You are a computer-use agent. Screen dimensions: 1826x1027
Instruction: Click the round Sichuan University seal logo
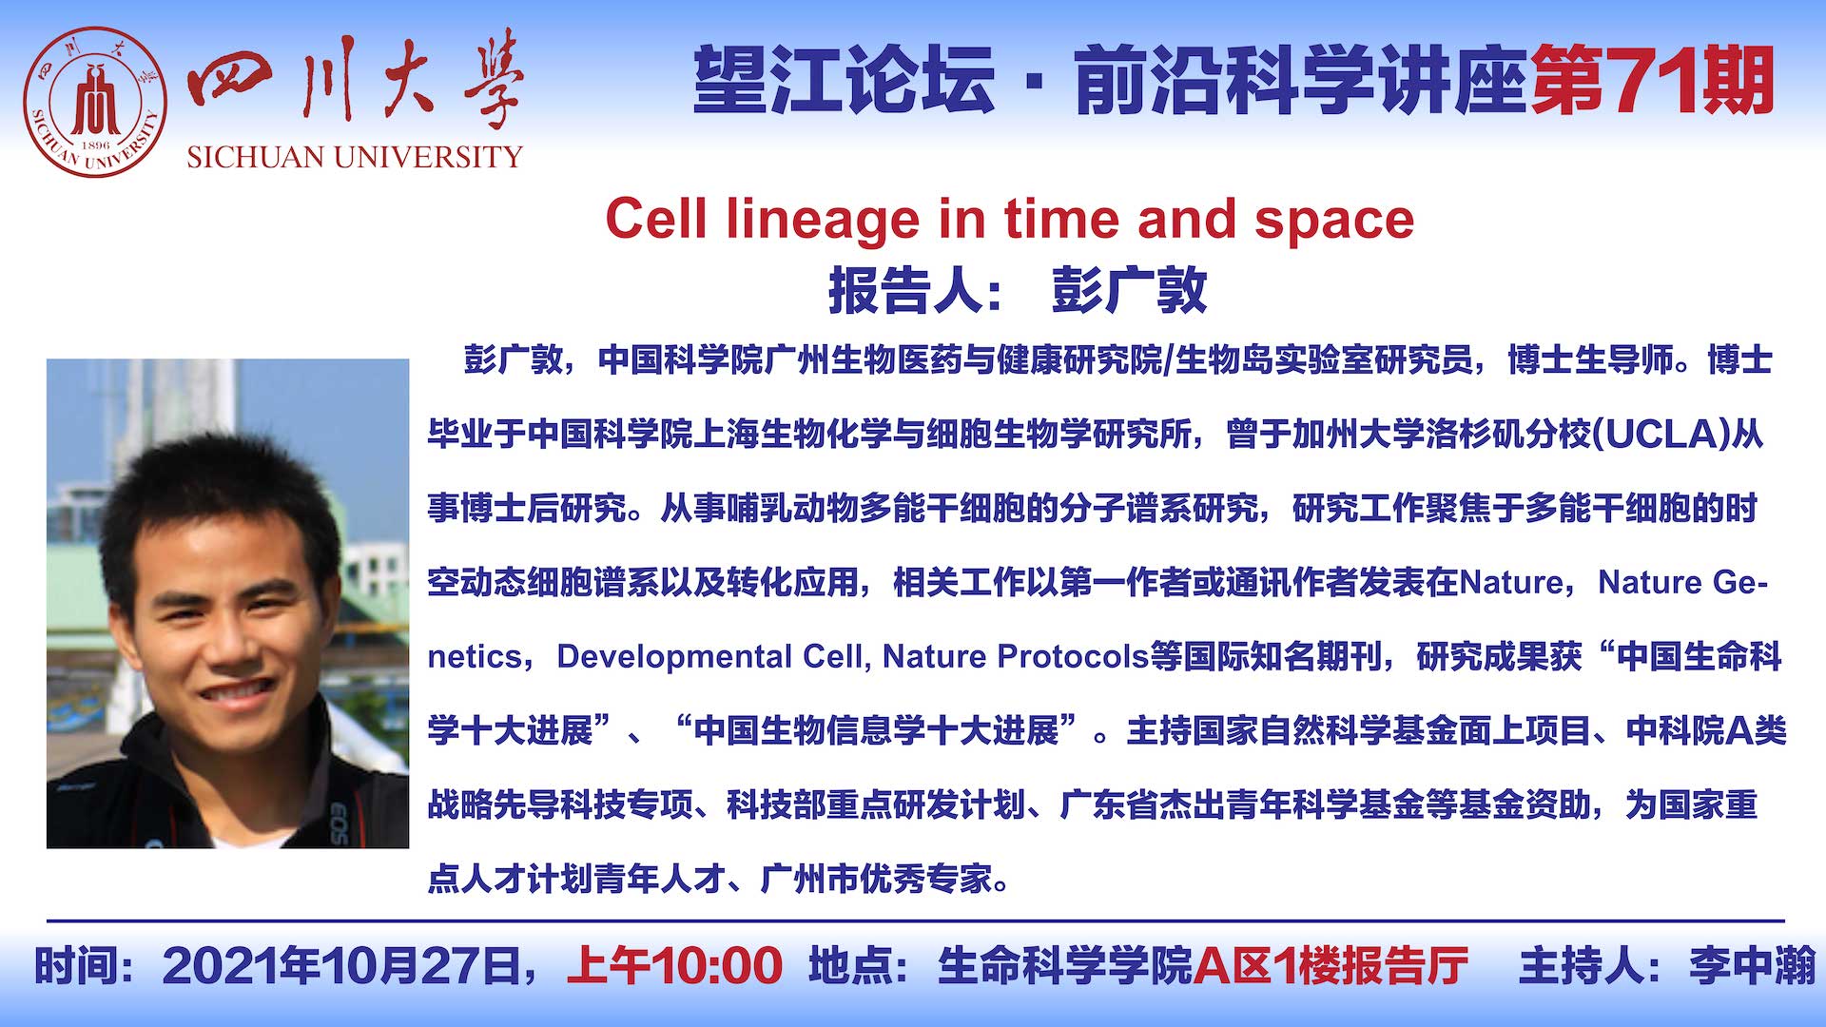pyautogui.click(x=95, y=102)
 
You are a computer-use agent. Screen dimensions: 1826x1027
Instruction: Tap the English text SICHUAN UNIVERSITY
pyautogui.click(x=355, y=157)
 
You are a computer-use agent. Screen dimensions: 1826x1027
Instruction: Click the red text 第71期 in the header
pyautogui.click(x=1653, y=81)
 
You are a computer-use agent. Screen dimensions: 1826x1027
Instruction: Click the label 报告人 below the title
pyautogui.click(x=904, y=291)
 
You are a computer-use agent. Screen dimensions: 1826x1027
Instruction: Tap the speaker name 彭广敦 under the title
pyautogui.click(x=1129, y=291)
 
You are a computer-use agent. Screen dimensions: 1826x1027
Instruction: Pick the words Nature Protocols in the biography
pyautogui.click(x=1016, y=657)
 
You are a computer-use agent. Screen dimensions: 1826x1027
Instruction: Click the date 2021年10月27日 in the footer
pyautogui.click(x=341, y=966)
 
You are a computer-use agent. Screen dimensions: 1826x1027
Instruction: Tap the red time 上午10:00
pyautogui.click(x=675, y=966)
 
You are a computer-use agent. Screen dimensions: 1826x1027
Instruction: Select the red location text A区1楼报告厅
pyautogui.click(x=1331, y=966)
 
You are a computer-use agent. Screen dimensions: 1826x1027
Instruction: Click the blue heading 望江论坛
pyautogui.click(x=844, y=81)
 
